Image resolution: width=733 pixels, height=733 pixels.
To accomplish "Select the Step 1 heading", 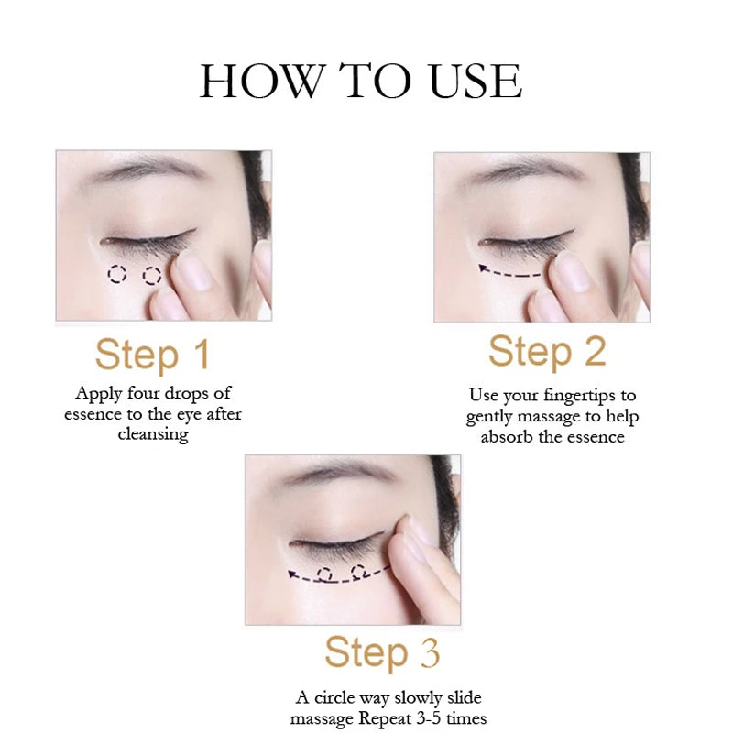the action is [152, 355].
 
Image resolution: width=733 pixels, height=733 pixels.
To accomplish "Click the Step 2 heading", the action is [547, 352].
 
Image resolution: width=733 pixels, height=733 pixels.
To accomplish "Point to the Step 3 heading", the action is [382, 652].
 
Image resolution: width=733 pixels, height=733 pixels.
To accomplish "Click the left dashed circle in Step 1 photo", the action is [117, 274].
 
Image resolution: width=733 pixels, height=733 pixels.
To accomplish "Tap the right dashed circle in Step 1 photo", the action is [152, 276].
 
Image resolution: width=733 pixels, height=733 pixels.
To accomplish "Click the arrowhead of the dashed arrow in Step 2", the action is [484, 268].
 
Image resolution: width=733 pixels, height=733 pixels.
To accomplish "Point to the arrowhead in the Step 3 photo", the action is [292, 574].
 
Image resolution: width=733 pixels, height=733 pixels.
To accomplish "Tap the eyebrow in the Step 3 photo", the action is [340, 471].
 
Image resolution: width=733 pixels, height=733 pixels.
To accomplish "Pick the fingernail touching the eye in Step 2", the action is [572, 271].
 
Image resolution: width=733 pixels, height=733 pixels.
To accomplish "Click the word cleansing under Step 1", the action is [153, 434].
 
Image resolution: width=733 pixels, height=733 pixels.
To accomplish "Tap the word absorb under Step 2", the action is [507, 437].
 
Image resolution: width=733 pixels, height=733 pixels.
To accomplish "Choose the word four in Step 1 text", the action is [144, 393].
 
